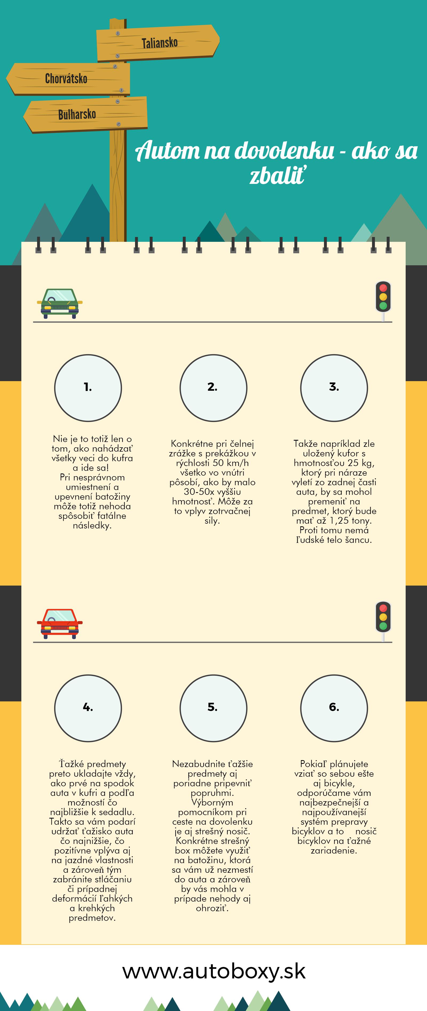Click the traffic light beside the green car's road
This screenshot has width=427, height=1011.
click(x=383, y=300)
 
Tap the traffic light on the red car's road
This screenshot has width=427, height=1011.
click(x=383, y=621)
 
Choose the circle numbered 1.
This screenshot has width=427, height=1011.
click(x=88, y=388)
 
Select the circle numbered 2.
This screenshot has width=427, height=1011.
click(x=213, y=388)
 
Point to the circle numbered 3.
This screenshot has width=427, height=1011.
click(x=334, y=388)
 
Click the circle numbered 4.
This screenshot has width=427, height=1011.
click(x=88, y=708)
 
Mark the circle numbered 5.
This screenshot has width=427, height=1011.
click(x=213, y=708)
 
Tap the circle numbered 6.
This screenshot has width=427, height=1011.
click(x=334, y=708)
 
